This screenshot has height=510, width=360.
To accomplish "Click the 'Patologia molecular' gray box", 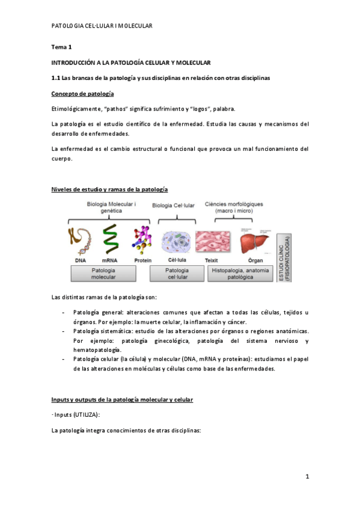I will tap(104, 274).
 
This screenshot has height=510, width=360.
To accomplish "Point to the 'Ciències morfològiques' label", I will tap(234, 207).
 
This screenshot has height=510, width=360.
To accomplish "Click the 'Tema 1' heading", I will tap(62, 47).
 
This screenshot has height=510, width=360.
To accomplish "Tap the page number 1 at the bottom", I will tap(307, 477).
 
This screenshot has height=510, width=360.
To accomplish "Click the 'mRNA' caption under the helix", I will tap(109, 261).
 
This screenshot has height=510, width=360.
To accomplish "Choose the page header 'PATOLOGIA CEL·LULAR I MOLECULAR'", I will tap(102, 26).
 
